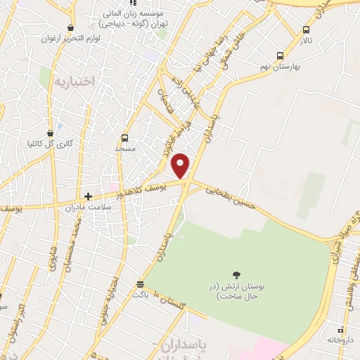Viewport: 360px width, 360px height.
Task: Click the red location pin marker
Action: tap(181, 165)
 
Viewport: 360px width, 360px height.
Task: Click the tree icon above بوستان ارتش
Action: tap(235, 275)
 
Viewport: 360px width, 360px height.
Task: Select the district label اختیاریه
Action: tap(73, 82)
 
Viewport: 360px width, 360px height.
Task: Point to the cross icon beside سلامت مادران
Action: tap(88, 196)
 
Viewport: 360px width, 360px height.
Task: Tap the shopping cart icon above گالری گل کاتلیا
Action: tap(50, 133)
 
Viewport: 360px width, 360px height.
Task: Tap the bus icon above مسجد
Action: tap(125, 138)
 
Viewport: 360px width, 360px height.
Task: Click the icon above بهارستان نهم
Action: tap(280, 56)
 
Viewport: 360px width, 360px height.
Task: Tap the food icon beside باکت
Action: tap(141, 285)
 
